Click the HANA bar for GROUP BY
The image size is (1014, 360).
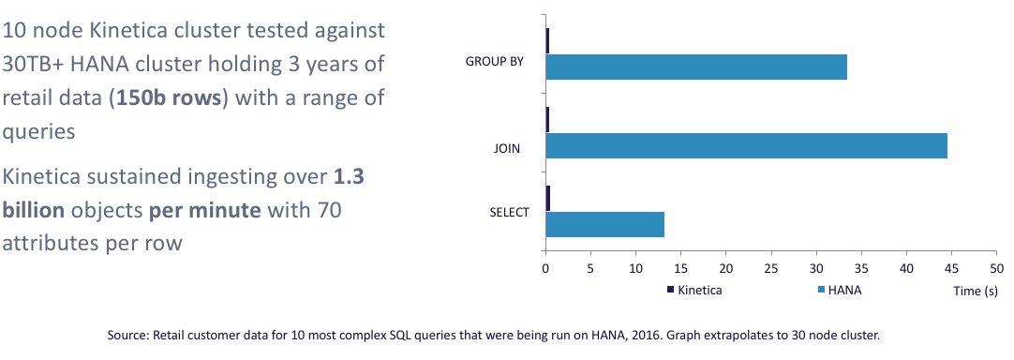click(x=696, y=67)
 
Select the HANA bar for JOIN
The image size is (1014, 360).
click(x=747, y=145)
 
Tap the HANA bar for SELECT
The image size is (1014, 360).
click(x=605, y=224)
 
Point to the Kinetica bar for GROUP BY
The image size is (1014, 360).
click(x=547, y=41)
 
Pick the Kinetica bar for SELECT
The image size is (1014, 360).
click(x=548, y=199)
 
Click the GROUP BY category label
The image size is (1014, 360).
click(x=495, y=62)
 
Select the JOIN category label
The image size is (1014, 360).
click(x=507, y=150)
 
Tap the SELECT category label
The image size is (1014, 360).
click(x=511, y=213)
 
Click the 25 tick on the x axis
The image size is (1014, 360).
click(x=771, y=268)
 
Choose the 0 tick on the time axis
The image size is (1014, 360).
click(x=545, y=268)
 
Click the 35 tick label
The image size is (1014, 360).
click(x=861, y=268)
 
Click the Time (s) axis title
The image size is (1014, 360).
click(x=976, y=292)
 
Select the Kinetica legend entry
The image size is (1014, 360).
click(x=694, y=290)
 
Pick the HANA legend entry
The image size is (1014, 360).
click(x=840, y=290)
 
